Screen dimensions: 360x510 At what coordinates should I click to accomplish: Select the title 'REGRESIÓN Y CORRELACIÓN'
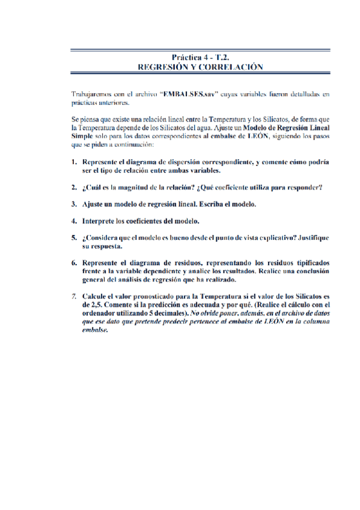pos(201,67)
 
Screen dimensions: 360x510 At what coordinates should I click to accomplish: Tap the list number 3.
pos(74,204)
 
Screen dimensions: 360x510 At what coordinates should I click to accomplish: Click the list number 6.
pos(74,263)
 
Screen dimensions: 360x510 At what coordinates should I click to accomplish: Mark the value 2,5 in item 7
pos(96,305)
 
